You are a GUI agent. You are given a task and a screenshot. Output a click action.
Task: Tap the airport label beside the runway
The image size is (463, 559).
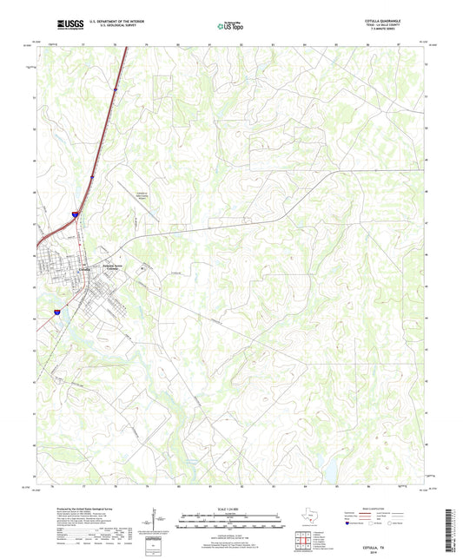coord(141,195)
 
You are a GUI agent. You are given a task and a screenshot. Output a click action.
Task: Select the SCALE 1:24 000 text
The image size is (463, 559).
coord(230,509)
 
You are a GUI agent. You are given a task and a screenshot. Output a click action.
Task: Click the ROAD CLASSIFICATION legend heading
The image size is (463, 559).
coord(389,508)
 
